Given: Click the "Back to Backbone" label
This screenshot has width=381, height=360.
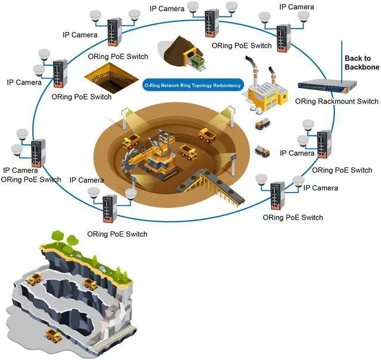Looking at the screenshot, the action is click(362, 63).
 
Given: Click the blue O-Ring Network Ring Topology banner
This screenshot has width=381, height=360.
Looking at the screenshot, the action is click(193, 85).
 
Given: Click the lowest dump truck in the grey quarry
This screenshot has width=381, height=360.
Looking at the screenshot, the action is click(54, 336).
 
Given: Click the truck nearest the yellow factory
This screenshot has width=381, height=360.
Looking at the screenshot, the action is click(263, 124).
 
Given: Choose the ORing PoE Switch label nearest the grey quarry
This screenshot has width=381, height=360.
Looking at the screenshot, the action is click(117, 234).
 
